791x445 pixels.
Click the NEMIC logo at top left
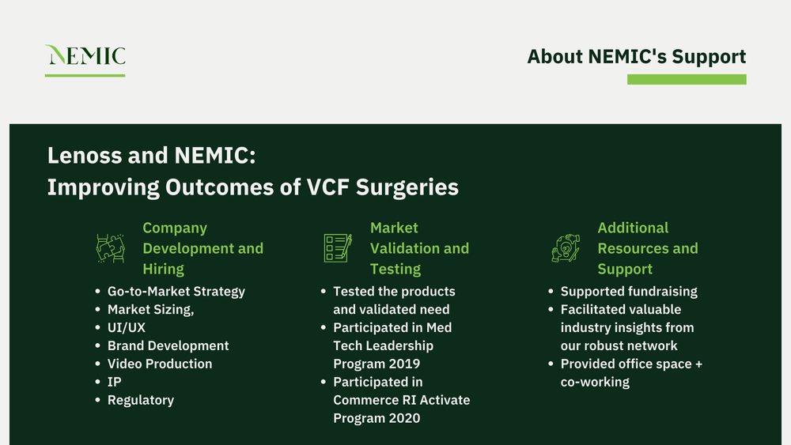(85, 56)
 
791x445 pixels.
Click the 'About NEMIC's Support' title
(636, 57)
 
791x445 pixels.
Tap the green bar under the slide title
(686, 80)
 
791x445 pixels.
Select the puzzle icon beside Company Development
(110, 248)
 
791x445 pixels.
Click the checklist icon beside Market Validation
(338, 248)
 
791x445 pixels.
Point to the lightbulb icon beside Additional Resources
(566, 248)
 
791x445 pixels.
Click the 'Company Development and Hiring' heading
(202, 248)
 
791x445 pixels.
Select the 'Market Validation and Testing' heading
(419, 248)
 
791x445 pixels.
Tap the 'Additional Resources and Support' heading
(647, 248)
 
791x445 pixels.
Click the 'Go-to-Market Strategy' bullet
(176, 292)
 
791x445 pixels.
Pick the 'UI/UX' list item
(126, 327)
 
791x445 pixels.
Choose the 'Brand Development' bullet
(168, 345)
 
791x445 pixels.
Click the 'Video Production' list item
(159, 364)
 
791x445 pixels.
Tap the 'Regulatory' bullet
(140, 400)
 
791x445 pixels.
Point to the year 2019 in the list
(404, 364)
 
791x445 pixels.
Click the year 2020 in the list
(404, 418)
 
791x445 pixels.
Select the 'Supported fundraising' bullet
(629, 292)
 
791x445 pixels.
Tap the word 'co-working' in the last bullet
(595, 382)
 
